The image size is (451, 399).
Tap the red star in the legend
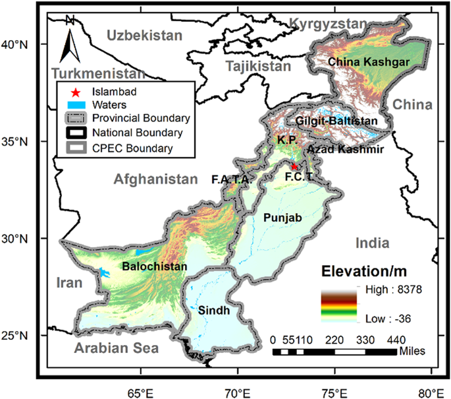74,92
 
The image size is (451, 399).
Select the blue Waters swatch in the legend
74,104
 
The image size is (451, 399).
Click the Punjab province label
272,217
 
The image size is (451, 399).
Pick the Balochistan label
155,266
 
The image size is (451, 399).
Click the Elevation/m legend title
363,270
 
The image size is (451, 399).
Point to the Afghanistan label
155,179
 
